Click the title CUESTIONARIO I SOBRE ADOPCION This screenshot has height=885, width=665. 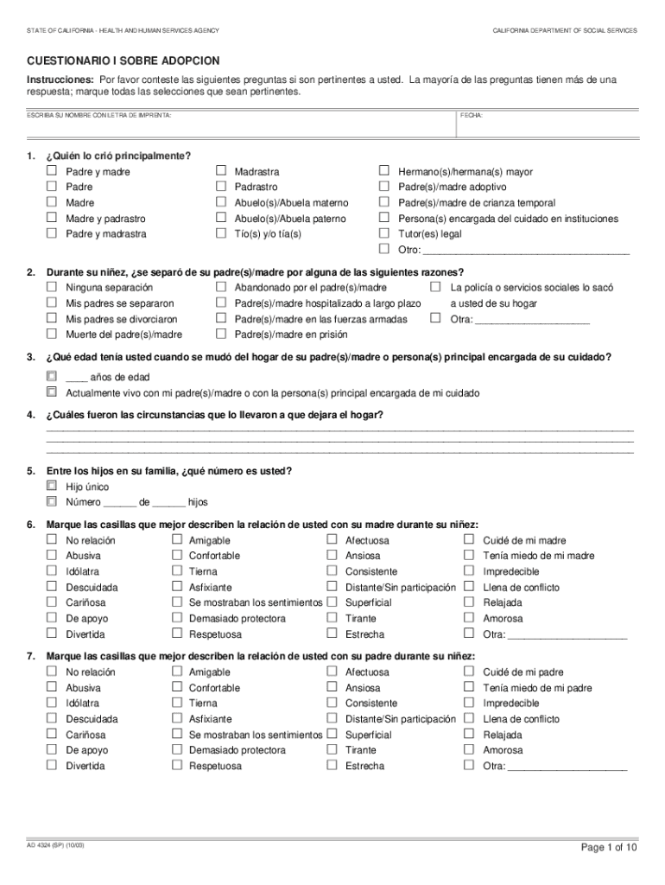pyautogui.click(x=123, y=60)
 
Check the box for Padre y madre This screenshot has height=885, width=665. pyautogui.click(x=51, y=171)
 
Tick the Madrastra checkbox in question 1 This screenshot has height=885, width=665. pyautogui.click(x=220, y=171)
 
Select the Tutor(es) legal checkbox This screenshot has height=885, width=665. pyautogui.click(x=384, y=233)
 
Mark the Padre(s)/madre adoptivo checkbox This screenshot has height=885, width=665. pyautogui.click(x=384, y=187)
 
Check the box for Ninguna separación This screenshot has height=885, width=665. pyautogui.click(x=51, y=287)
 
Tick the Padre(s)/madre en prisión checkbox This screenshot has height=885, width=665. pyautogui.click(x=220, y=334)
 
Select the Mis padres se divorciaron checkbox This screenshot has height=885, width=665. pyautogui.click(x=51, y=318)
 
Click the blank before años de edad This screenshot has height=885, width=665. pyautogui.click(x=76, y=378)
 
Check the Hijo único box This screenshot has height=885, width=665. pyautogui.click(x=51, y=487)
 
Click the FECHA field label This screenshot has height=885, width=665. pyautogui.click(x=472, y=115)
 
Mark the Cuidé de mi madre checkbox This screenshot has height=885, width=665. pyautogui.click(x=469, y=540)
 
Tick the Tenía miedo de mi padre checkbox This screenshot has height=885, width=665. pyautogui.click(x=469, y=688)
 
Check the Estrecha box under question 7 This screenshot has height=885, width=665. pyautogui.click(x=332, y=766)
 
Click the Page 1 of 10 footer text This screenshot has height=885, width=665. pyautogui.click(x=609, y=848)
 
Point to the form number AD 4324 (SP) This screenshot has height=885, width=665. pyautogui.click(x=56, y=844)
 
